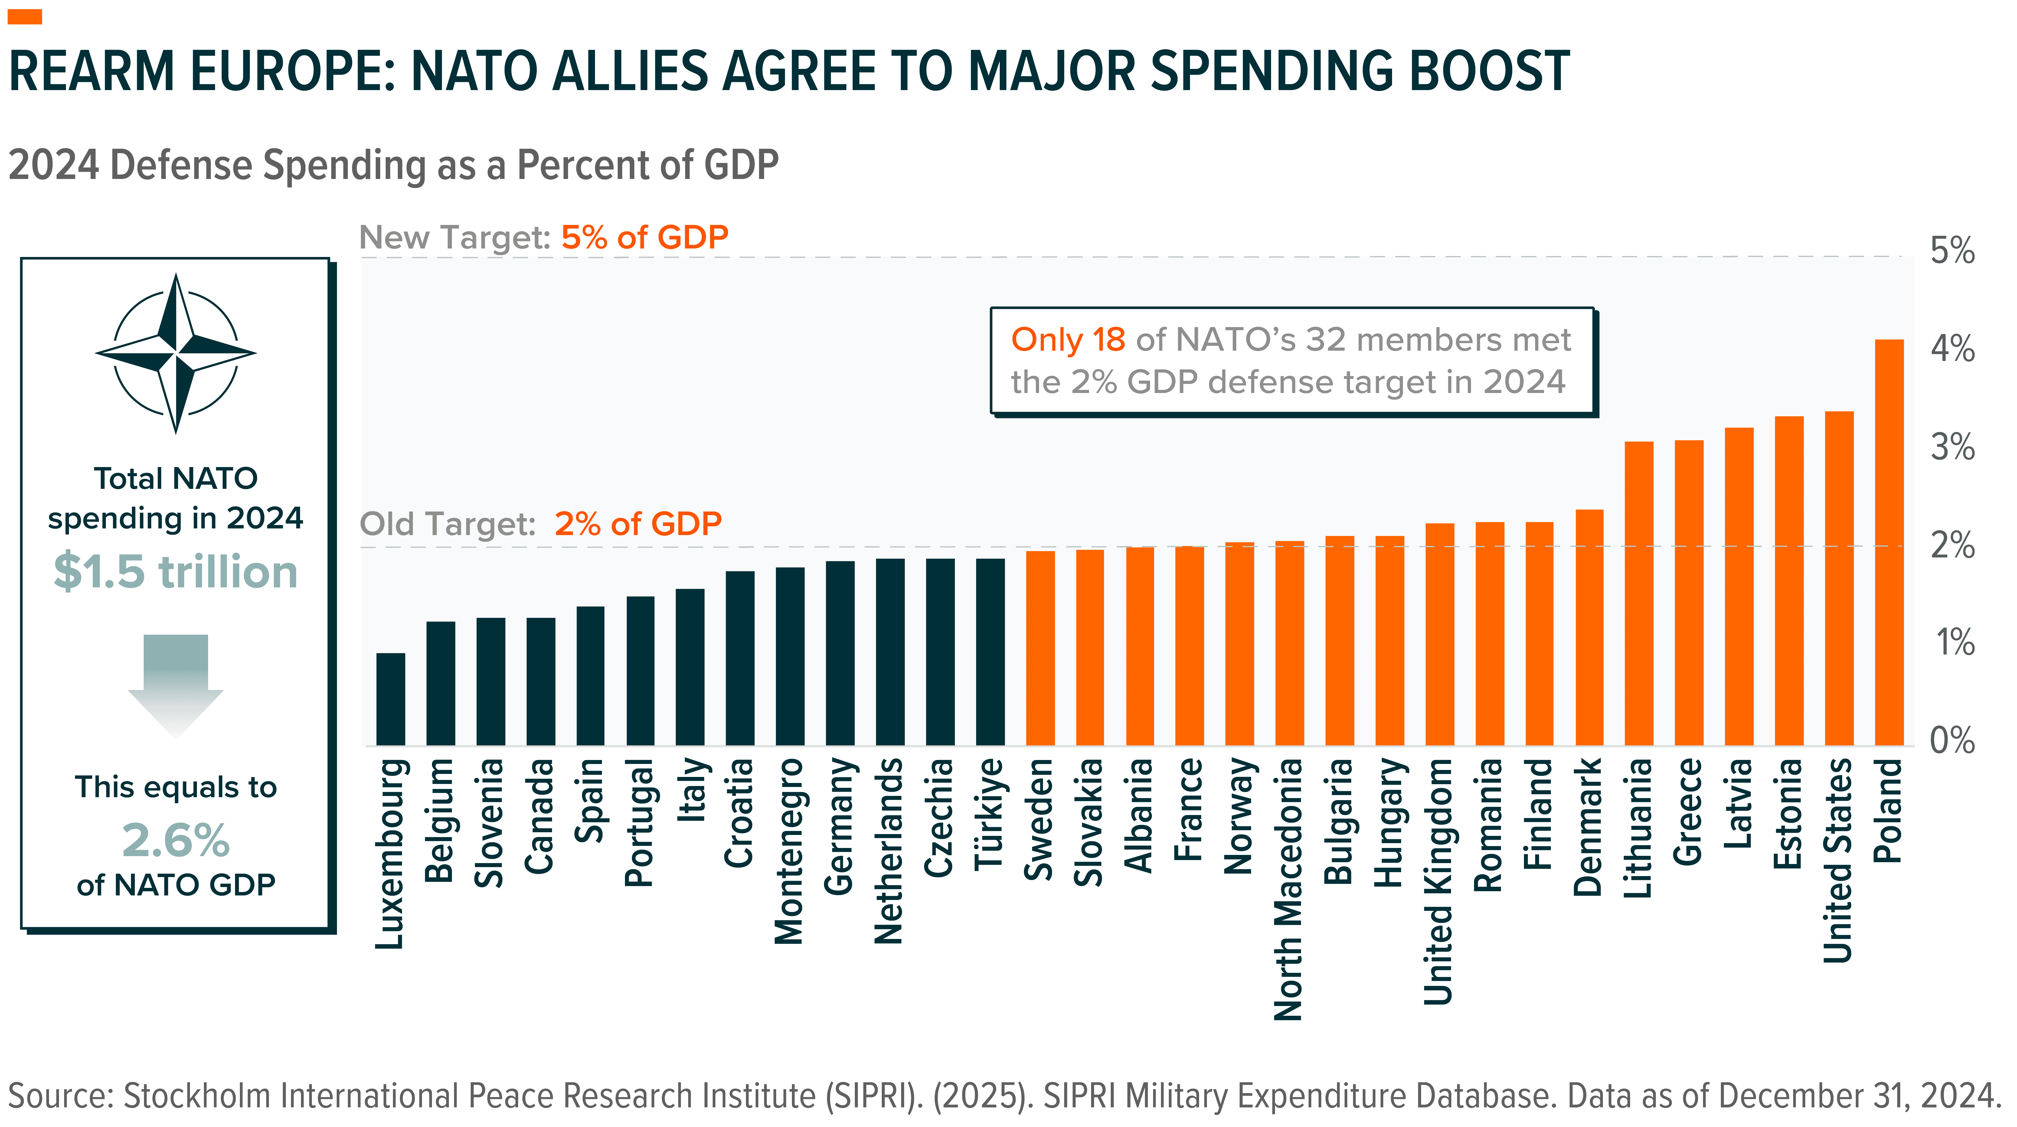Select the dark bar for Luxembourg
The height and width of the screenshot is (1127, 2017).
391,699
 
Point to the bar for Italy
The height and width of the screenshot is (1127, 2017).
690,667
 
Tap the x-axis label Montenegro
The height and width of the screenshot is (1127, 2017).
789,851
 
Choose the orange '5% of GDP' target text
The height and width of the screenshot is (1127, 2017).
644,237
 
